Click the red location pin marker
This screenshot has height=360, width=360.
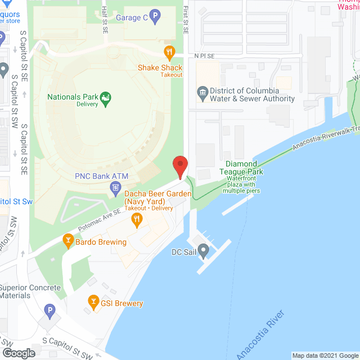[180, 166]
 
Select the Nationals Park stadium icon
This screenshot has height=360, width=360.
[105, 100]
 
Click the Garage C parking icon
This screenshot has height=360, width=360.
[155, 18]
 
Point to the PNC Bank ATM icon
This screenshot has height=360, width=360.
[115, 187]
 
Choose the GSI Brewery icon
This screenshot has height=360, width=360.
[93, 303]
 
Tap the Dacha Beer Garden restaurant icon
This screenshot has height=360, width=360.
[137, 221]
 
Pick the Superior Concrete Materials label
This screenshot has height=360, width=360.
[30, 291]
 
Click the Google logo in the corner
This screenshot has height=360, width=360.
[18, 353]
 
